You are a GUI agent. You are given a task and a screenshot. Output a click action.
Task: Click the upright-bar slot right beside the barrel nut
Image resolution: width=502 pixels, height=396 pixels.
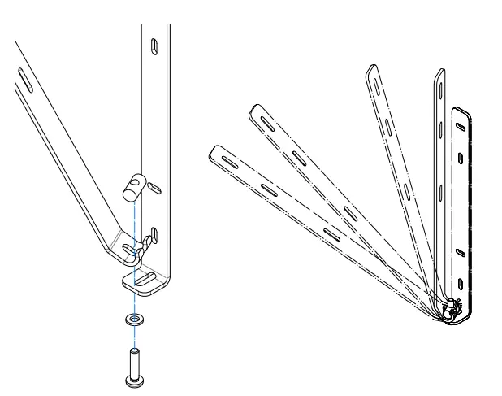(158, 189)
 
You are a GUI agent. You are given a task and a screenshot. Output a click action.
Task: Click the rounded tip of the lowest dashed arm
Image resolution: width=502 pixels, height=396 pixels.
(214, 151)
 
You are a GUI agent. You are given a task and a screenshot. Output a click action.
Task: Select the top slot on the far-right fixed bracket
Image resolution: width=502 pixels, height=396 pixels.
(461, 125)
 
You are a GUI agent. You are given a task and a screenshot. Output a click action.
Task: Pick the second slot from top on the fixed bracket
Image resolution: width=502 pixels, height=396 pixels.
(461, 158)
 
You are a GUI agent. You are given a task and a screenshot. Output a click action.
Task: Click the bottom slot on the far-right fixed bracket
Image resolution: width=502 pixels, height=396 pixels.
(461, 282)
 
